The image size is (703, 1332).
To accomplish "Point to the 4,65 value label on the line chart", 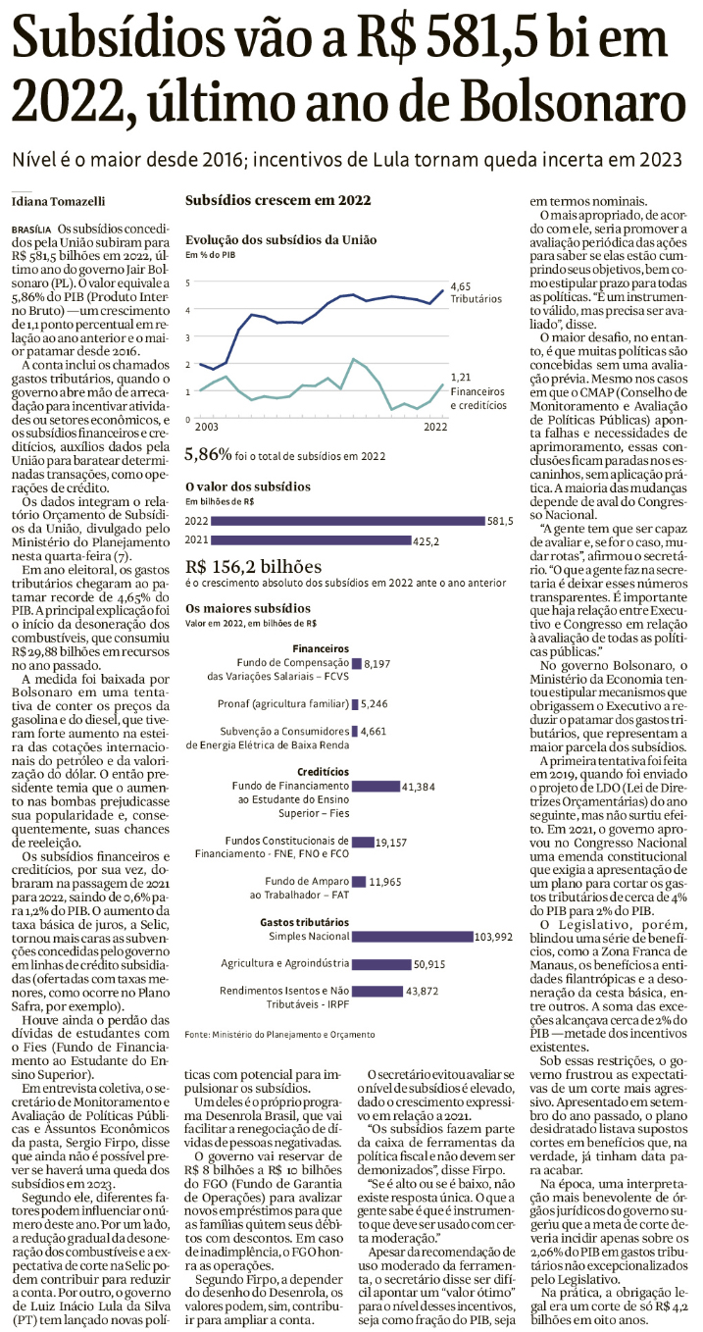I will coord(462,285).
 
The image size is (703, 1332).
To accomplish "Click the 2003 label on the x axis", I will coord(205,428).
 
